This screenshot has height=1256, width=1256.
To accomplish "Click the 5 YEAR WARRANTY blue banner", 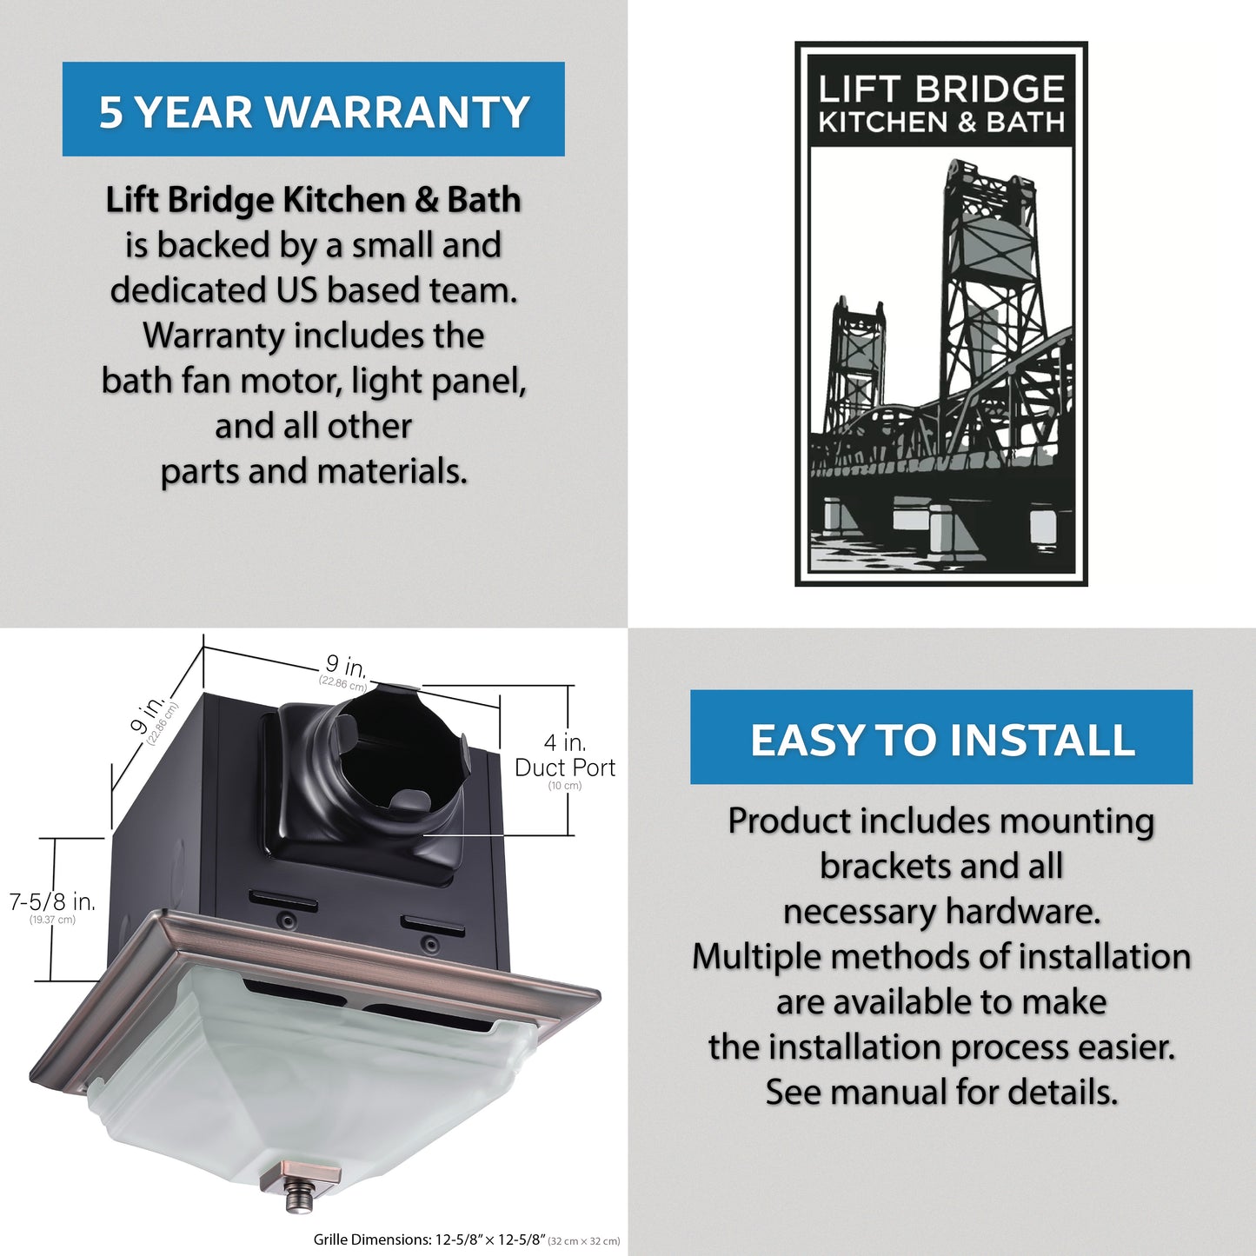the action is click(314, 109).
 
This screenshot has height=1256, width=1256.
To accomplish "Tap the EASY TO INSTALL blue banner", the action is click(941, 737).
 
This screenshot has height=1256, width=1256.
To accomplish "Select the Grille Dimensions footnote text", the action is click(467, 1239).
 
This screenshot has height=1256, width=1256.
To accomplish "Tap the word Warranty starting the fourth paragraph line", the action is click(214, 336).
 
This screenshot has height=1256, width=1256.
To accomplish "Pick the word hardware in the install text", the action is click(1023, 911).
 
